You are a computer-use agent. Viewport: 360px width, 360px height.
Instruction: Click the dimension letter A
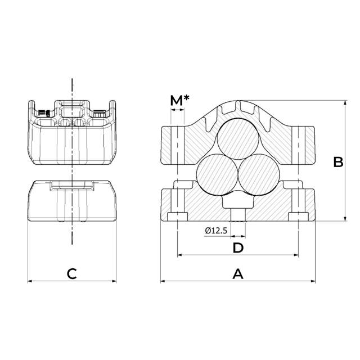(x=238, y=274)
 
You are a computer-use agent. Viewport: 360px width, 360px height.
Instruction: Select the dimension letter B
(x=338, y=163)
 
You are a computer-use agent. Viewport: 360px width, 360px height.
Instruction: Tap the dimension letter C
(x=71, y=274)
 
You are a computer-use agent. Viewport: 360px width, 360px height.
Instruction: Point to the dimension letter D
(x=238, y=247)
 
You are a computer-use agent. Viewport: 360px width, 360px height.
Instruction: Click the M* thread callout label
(x=179, y=100)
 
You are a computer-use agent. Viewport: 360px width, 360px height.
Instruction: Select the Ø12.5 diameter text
(x=217, y=231)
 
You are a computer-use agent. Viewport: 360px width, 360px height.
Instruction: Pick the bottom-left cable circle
(x=217, y=174)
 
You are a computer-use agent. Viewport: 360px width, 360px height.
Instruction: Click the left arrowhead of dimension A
(x=163, y=281)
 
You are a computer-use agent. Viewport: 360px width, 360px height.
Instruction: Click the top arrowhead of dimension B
(x=344, y=103)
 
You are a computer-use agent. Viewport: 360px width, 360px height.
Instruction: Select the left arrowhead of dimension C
(x=30, y=281)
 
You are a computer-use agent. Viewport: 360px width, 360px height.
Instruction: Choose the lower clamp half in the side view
(x=71, y=201)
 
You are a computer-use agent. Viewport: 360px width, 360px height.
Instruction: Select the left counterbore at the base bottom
(x=178, y=217)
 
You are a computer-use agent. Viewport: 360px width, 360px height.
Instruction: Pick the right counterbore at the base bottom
(x=297, y=217)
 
